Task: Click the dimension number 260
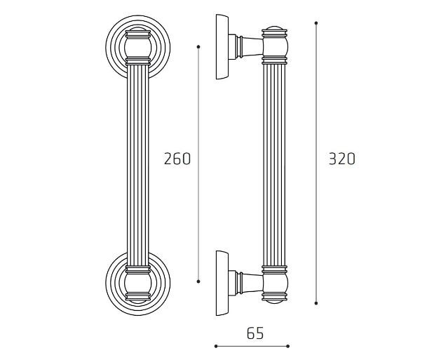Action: click(x=177, y=159)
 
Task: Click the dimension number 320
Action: click(x=342, y=159)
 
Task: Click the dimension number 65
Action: click(x=255, y=333)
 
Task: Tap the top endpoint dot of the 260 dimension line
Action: click(x=198, y=47)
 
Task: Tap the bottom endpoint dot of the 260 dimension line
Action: click(x=198, y=281)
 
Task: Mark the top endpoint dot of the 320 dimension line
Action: click(x=316, y=23)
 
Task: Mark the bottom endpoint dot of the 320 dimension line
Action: click(x=316, y=303)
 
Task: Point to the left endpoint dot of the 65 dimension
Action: click(x=216, y=346)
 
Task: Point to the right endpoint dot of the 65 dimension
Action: click(x=288, y=346)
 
